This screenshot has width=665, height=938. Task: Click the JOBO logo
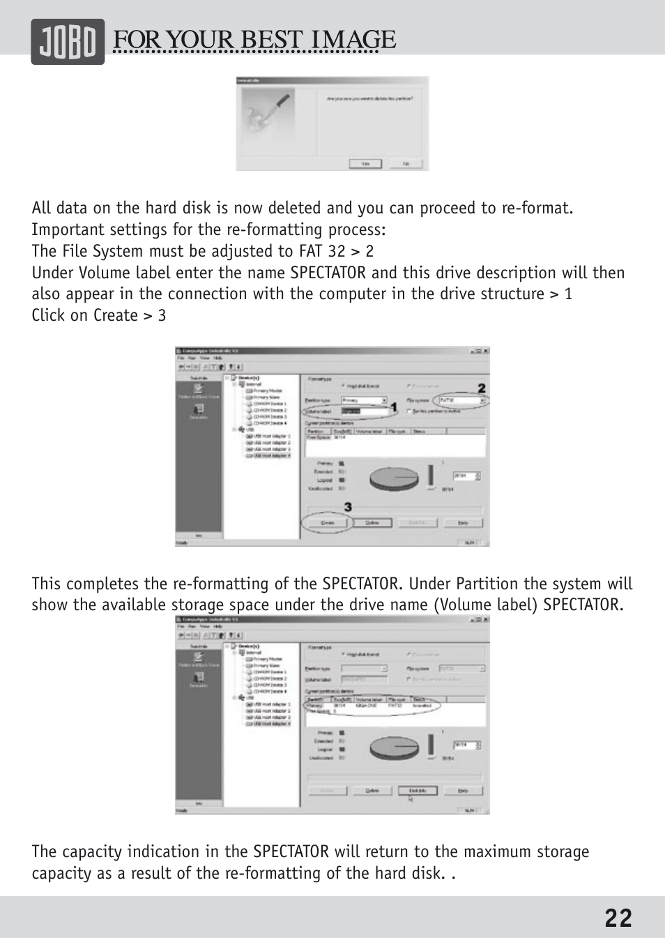67,42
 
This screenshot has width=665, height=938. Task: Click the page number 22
618,918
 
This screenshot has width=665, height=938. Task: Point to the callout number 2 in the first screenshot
481,388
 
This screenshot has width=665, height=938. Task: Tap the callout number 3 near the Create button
347,507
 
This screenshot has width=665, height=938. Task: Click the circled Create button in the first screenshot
328,522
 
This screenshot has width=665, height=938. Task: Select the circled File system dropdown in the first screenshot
461,401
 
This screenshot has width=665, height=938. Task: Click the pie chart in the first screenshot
394,478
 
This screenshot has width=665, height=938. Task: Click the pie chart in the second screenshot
394,747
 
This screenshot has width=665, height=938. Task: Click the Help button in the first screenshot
462,522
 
